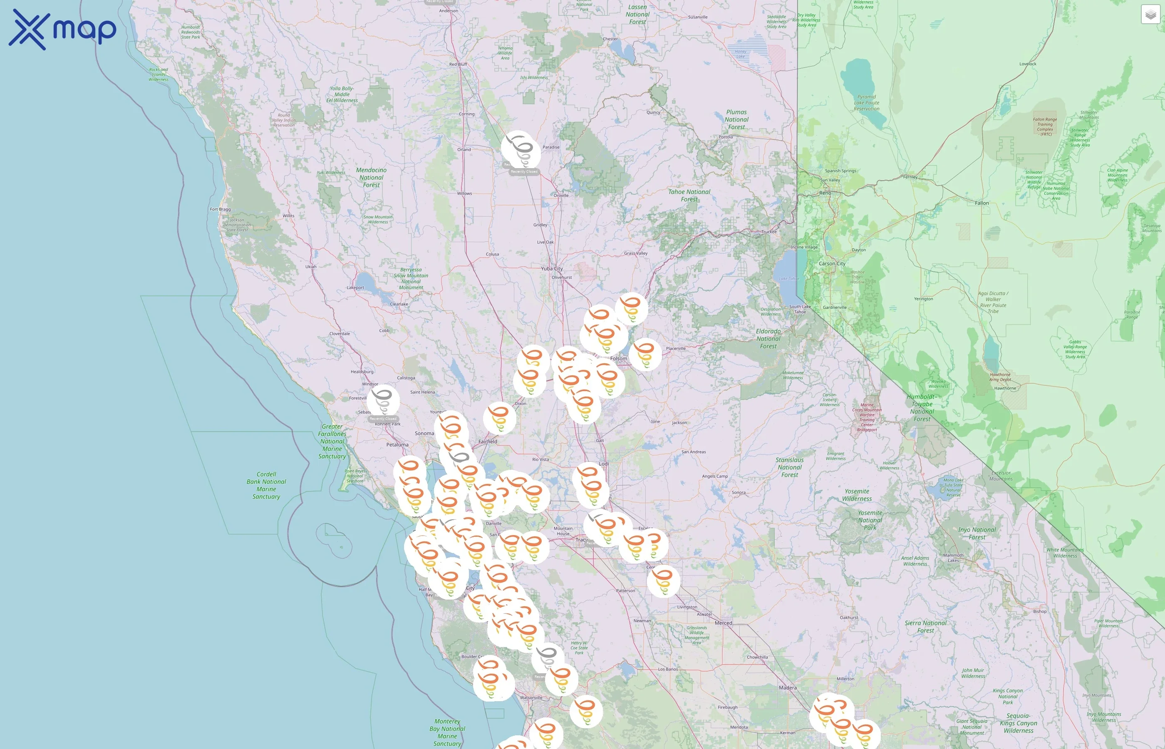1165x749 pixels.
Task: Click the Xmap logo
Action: pos(62,30)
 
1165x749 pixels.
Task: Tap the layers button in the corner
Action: pos(1150,15)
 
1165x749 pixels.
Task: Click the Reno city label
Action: pos(825,193)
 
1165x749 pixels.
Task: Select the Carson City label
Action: pos(831,264)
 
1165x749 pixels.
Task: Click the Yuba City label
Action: pos(551,268)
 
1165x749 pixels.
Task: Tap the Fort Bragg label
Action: pos(220,210)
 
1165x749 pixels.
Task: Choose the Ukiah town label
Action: pos(310,267)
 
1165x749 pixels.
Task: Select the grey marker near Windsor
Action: pos(383,400)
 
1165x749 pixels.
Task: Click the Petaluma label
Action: pos(397,444)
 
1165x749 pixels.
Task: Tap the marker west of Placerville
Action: pos(645,354)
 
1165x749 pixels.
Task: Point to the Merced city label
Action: pos(723,623)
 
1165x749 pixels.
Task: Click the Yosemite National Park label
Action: pos(870,520)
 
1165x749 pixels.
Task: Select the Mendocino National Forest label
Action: pos(371,178)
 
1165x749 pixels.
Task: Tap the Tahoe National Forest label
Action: pos(689,196)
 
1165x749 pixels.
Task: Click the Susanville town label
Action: pos(697,17)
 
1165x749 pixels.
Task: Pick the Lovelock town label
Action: pos(1027,64)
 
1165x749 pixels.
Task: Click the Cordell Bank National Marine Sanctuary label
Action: pos(266,485)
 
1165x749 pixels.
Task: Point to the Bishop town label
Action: pos(1039,611)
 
